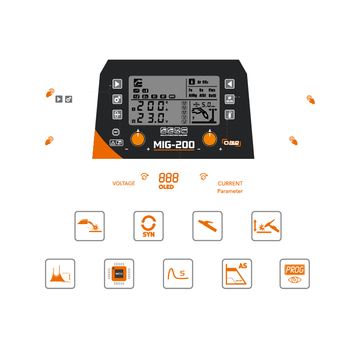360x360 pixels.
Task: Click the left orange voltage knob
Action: coord(138,139)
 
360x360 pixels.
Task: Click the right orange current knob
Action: coord(209,139)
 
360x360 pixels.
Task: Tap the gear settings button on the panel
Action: coord(117,99)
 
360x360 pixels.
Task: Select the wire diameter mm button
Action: coord(229,99)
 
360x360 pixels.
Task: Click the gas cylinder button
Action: coord(229,114)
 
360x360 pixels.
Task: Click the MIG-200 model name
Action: coord(174,145)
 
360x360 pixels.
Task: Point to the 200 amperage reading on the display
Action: coord(150,107)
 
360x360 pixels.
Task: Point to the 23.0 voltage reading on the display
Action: coord(150,119)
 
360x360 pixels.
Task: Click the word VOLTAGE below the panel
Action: coord(124,184)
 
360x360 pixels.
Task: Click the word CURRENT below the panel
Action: coord(230,184)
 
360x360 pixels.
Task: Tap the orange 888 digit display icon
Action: coord(168,177)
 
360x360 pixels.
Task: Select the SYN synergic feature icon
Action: coord(148,226)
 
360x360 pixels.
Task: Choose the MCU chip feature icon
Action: coord(119,274)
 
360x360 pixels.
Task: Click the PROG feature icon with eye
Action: coord(295,274)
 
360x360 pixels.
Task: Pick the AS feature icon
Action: coord(237,274)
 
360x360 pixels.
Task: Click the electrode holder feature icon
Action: coord(207,226)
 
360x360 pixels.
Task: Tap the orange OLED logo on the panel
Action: coord(232,143)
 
